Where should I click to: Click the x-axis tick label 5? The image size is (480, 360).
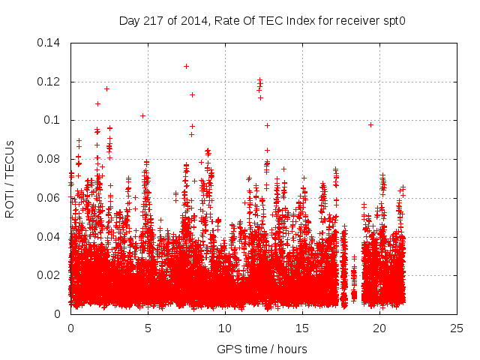(148, 328)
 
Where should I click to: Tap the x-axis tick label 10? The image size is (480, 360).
(225, 328)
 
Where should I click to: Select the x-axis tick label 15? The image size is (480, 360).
(302, 328)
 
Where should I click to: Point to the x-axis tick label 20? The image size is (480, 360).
(379, 328)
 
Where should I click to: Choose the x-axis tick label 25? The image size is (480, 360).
(457, 328)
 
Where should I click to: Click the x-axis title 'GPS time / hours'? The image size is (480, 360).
(262, 349)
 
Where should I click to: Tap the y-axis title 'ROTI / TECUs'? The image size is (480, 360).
(10, 178)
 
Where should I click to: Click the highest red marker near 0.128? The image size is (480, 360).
(186, 66)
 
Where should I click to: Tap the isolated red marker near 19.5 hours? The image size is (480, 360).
(370, 124)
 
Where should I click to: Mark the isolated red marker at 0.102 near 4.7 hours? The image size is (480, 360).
(142, 115)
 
